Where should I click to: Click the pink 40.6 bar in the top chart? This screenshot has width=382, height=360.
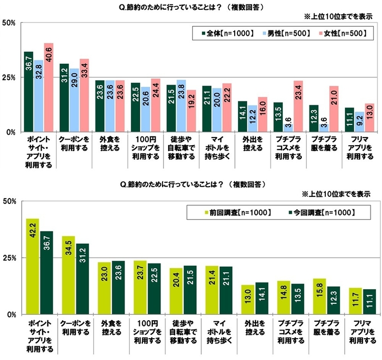49,87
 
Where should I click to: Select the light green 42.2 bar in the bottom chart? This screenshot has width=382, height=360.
32,267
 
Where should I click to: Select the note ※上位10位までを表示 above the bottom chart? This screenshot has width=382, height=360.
336,194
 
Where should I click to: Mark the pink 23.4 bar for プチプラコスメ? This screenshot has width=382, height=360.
298,106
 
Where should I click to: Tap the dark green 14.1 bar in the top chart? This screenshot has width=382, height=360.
242,117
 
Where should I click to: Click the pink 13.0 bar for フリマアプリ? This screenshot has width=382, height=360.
369,118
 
